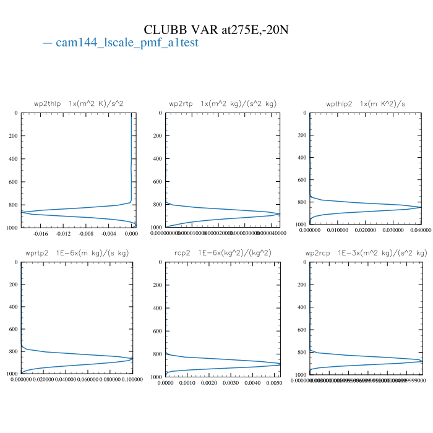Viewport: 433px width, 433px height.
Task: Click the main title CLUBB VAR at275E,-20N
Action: click(216, 30)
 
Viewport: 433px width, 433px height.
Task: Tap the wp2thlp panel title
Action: click(79, 104)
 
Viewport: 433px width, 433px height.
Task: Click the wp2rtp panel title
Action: click(222, 104)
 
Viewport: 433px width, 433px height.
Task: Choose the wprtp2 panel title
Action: click(77, 254)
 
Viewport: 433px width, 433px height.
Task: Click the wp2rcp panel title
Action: click(366, 254)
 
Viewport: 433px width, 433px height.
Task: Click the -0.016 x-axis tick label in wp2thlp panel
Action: click(40, 234)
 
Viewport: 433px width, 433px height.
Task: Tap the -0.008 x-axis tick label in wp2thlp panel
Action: click(86, 234)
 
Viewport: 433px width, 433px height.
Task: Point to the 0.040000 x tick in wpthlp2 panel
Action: click(421, 230)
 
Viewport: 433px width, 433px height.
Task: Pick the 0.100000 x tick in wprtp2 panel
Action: click(131, 379)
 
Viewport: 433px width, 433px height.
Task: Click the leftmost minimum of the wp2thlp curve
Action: click(22, 212)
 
